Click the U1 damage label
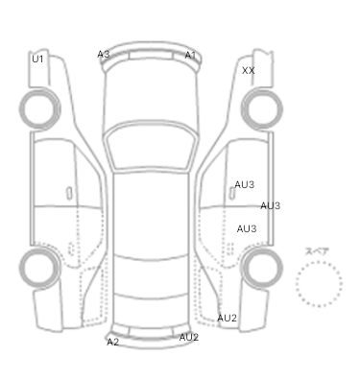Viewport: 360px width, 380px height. (x=37, y=59)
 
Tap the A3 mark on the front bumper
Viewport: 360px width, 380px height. (x=104, y=55)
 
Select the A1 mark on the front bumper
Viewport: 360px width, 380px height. (x=190, y=56)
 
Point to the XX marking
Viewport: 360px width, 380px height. (x=249, y=71)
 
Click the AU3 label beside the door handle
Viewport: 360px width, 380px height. (x=245, y=184)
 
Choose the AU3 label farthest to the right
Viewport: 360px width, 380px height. (x=270, y=205)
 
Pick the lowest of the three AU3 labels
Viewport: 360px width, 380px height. (x=247, y=228)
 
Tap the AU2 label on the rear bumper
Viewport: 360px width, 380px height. (x=189, y=337)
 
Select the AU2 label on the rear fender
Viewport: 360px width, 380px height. (x=227, y=318)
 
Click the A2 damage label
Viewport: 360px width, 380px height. (x=112, y=342)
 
